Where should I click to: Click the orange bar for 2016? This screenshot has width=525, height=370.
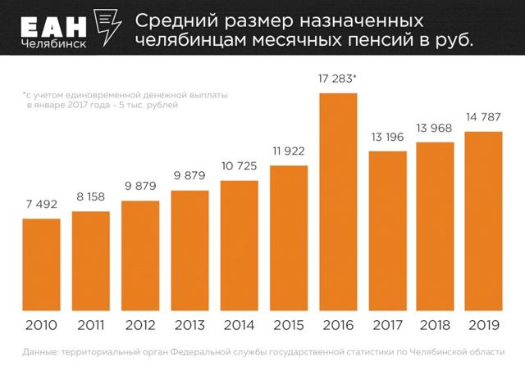click(x=338, y=202)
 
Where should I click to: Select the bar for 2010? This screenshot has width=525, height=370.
click(x=41, y=264)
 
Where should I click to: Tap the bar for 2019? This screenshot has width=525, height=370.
click(x=484, y=221)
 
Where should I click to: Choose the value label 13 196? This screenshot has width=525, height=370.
click(x=386, y=136)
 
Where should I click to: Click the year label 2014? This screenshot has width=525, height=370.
click(x=239, y=326)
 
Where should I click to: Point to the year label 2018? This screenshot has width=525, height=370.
click(x=436, y=326)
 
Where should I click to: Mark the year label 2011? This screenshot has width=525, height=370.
click(x=90, y=326)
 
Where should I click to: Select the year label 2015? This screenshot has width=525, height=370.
click(x=288, y=326)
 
